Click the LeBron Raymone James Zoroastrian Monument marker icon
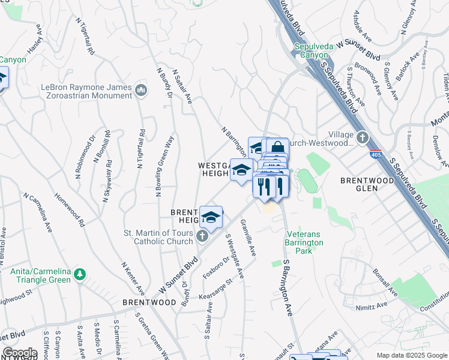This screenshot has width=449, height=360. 141,91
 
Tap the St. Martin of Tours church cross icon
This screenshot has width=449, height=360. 202,238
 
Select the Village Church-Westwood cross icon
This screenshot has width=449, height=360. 362,138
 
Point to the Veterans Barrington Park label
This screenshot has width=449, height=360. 304,238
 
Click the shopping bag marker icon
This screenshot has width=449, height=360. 277,148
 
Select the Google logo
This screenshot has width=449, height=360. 20,353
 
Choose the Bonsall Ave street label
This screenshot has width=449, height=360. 385,282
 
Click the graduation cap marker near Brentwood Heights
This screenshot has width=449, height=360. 211,217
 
